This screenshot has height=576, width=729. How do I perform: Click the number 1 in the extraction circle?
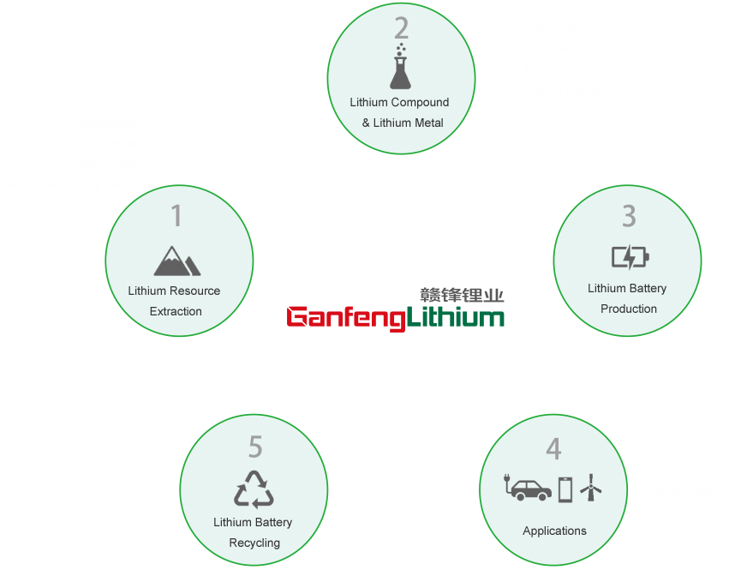pos(176,216)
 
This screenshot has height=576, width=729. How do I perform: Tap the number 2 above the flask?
pos(401,29)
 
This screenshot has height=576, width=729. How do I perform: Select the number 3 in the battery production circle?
pos(629,216)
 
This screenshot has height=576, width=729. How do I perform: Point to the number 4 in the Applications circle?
pos(553,449)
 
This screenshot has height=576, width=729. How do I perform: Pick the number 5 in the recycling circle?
pos(255,447)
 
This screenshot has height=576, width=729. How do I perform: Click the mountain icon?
pos(177,261)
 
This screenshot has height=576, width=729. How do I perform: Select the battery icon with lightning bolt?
pos(630,256)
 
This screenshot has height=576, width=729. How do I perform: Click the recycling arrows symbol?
pos(254,489)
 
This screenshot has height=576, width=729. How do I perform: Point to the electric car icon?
pos(528,489)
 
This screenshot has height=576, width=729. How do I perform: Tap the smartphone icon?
pos(565,489)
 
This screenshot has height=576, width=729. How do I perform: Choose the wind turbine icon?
pos(591,489)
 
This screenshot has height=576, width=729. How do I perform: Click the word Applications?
pos(554,531)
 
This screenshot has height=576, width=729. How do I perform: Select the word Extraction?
pos(176,311)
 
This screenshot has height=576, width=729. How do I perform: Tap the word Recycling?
pos(254,543)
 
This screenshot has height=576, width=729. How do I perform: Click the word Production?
pos(629,309)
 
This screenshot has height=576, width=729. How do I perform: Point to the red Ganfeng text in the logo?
pos(345,318)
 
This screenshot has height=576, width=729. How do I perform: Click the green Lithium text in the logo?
pos(455,317)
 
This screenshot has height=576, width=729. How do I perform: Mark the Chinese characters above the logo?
pos(462,295)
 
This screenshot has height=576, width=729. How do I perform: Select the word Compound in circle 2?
pos(419,102)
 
